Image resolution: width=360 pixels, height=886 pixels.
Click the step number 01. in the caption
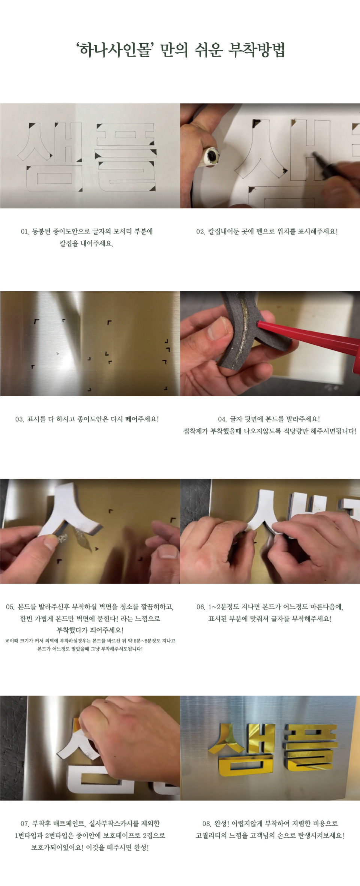(25, 232)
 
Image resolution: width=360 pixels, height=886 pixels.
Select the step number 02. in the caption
(201, 232)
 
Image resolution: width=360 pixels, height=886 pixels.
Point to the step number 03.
(19, 419)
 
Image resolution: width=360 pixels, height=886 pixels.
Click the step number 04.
(222, 419)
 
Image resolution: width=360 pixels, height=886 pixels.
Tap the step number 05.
(10, 607)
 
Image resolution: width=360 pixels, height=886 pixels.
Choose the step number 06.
(201, 607)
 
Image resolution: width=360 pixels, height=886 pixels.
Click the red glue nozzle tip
(258, 323)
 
